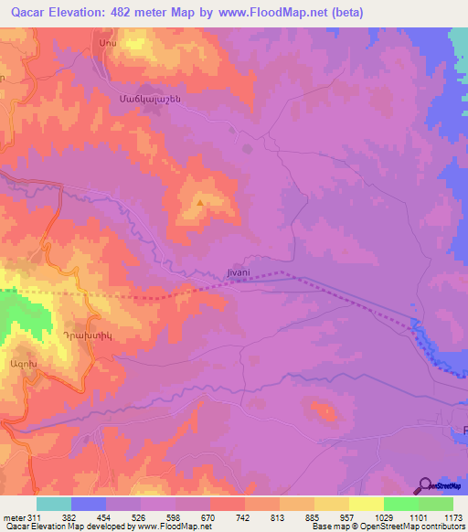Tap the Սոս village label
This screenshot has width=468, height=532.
[x=102, y=44]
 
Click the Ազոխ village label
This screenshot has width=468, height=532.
[x=48, y=363]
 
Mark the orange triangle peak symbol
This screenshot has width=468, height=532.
[x=200, y=203]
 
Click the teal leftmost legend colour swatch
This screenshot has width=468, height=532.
[x=54, y=504]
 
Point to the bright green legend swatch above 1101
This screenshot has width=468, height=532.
[x=401, y=504]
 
